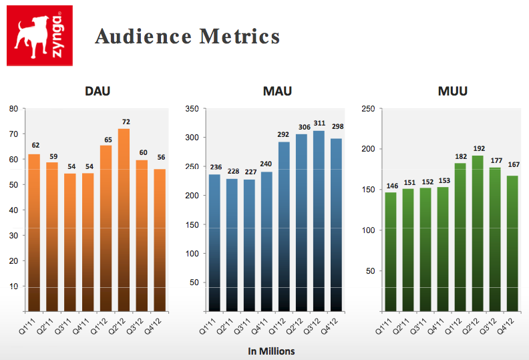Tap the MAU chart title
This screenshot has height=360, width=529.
coord(277,92)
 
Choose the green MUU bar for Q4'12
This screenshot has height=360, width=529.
coord(512,243)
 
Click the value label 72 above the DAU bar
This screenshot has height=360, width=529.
coord(124,122)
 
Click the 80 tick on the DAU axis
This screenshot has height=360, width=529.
coord(13,108)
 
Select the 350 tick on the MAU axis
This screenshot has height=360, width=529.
coord(191,108)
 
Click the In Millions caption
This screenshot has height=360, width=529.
coord(271,351)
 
